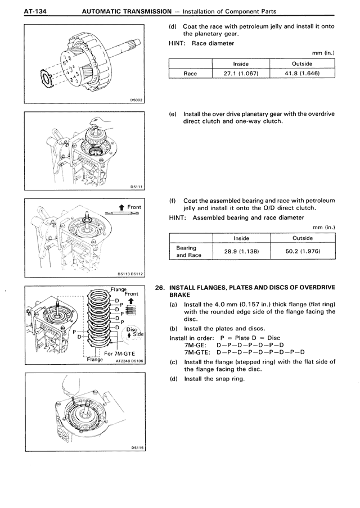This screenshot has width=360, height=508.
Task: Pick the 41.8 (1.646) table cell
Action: [x=302, y=73]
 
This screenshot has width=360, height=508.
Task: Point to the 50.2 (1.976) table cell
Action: [x=302, y=251]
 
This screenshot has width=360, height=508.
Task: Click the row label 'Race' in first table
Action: [x=191, y=73]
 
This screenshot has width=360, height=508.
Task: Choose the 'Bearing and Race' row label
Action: [x=186, y=251]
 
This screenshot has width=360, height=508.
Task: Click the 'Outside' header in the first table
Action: [x=302, y=63]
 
